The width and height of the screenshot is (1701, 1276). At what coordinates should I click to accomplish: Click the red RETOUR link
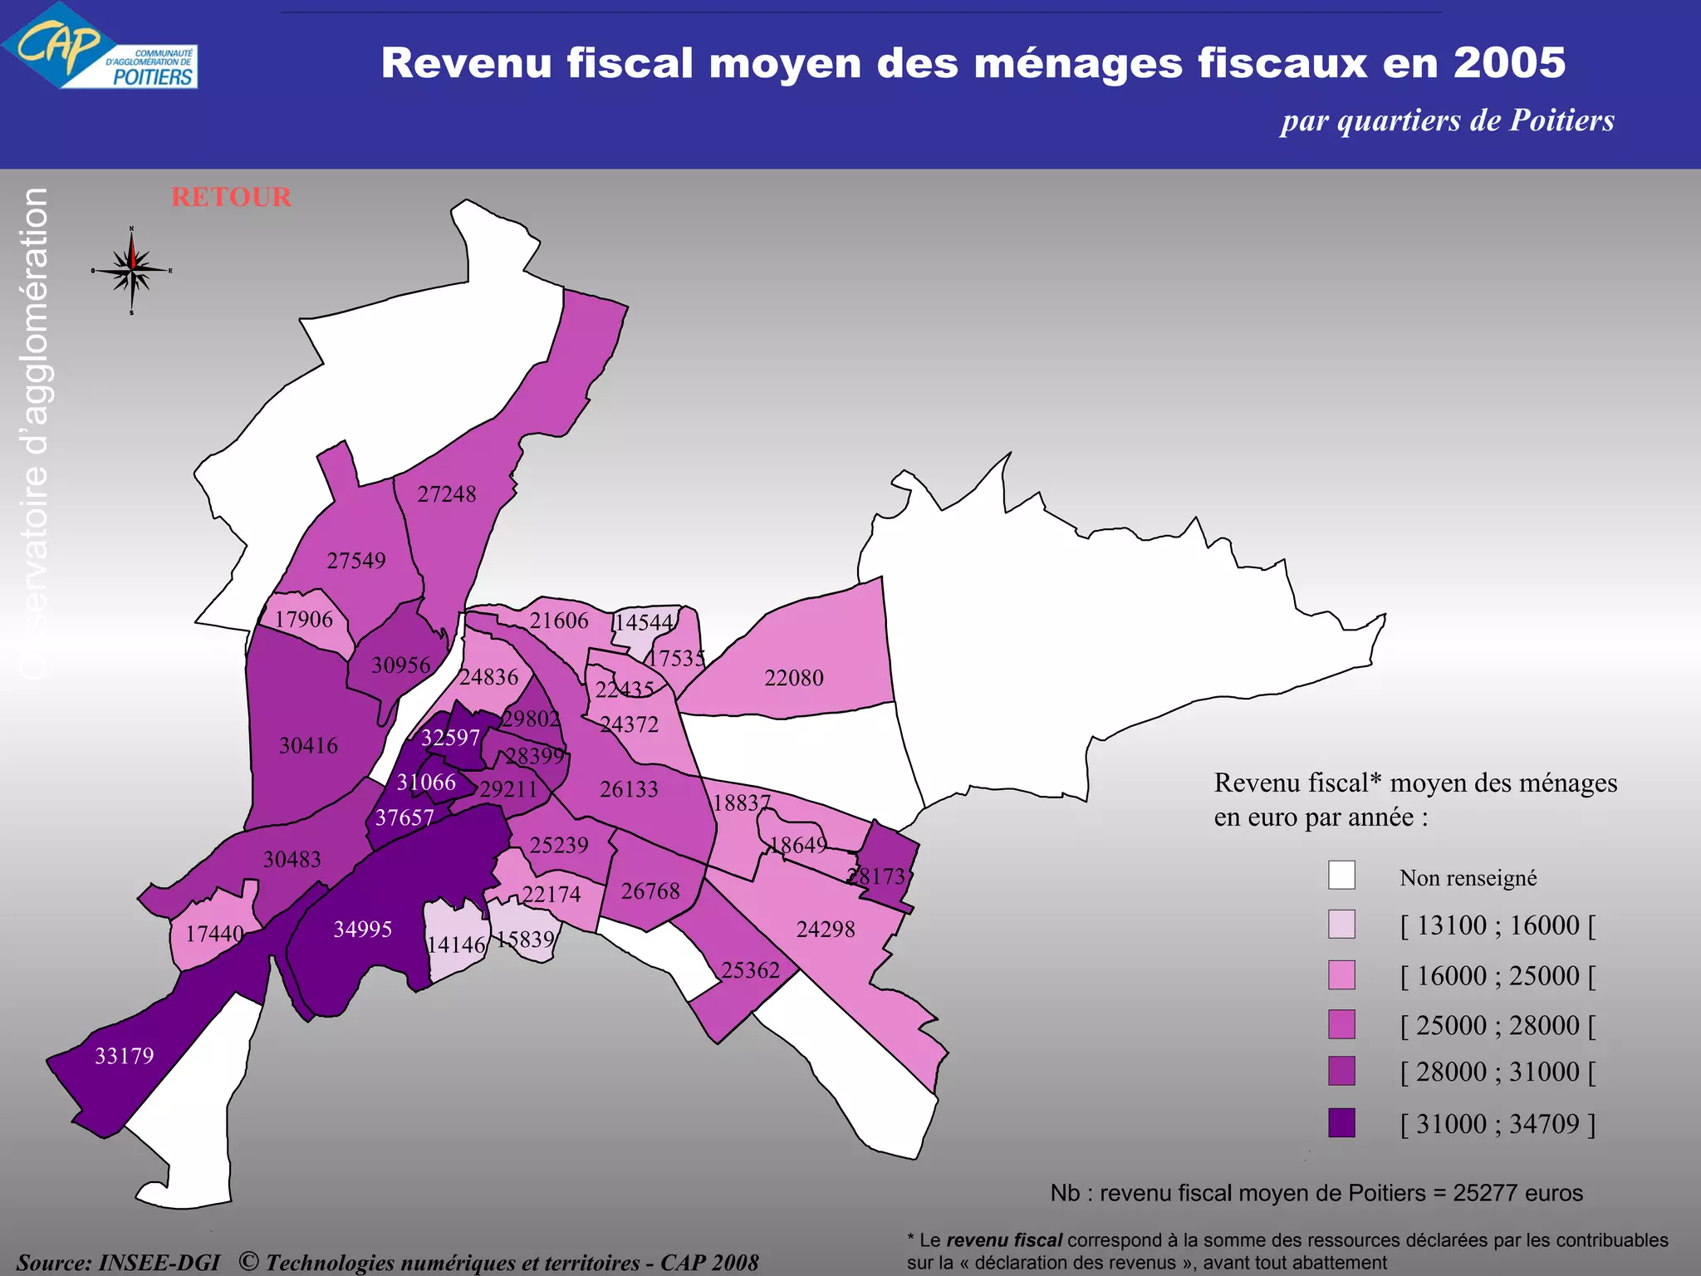click(231, 197)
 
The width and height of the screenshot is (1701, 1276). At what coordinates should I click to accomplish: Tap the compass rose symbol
click(131, 270)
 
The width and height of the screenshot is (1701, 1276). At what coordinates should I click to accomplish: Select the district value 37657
click(404, 817)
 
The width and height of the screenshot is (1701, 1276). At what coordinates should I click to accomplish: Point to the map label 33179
click(125, 1056)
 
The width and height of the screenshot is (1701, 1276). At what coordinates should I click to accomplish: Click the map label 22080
click(794, 678)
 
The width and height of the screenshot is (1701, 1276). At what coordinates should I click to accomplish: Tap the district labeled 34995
click(362, 929)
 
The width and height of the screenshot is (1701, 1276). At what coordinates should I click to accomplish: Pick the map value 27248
click(447, 494)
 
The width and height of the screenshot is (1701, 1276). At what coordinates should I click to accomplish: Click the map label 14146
click(455, 945)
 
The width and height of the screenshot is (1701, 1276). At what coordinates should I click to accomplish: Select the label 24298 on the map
click(826, 929)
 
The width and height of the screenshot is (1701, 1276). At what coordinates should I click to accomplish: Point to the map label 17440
click(214, 934)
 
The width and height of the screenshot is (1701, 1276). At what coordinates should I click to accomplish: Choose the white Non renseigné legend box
click(1341, 875)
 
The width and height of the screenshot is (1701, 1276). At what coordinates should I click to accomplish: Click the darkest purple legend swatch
click(1341, 1122)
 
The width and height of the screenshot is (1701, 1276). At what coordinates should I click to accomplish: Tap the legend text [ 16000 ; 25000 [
click(1498, 975)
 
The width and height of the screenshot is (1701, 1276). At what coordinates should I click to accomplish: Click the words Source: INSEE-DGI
click(118, 1263)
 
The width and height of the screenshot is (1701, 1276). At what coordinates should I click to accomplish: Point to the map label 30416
click(308, 745)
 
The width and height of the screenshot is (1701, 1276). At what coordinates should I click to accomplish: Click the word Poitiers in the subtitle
click(1561, 120)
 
